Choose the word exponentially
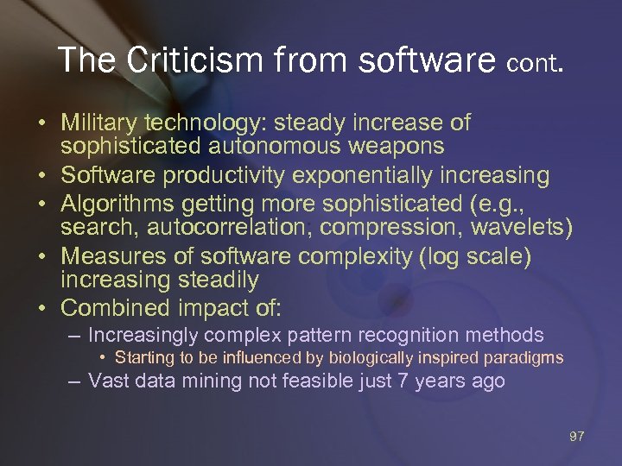click(367, 176)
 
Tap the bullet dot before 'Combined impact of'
click(41, 308)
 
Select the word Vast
click(109, 381)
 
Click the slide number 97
click(577, 437)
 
